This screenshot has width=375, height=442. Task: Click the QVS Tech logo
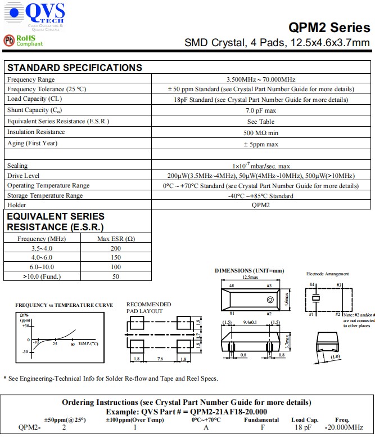point(35,15)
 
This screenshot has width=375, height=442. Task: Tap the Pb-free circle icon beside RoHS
point(9,40)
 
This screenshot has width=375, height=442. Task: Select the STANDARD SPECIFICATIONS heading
point(74,68)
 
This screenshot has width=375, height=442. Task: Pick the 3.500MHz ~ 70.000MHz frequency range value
point(260,79)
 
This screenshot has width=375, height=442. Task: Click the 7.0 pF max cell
point(260,110)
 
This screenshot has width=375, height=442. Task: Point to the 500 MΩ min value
point(260,133)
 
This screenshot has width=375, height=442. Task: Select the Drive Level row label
point(24,176)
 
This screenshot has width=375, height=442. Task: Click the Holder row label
point(16,205)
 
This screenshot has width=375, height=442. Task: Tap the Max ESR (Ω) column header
point(116,239)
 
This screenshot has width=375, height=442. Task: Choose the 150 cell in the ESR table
point(116,257)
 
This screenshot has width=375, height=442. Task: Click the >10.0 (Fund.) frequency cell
point(42,276)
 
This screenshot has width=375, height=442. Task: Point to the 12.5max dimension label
point(250,278)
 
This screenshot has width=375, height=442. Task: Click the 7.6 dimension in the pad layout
point(160,358)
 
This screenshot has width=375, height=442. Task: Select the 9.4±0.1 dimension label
point(250,323)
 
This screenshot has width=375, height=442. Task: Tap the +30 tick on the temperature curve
point(25,327)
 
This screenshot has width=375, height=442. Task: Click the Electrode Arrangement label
point(327,274)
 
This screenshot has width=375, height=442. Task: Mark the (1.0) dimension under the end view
point(336,356)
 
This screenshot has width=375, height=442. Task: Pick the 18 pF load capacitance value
point(303,427)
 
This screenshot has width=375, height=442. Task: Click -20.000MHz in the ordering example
point(344,427)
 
